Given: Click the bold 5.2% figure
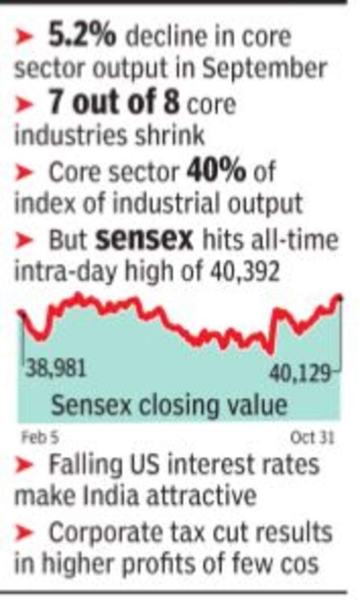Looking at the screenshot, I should tap(82, 38).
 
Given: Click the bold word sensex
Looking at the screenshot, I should tap(144, 240).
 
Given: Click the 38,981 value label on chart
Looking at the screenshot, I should tap(56, 370).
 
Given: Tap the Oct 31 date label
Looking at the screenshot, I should tap(312, 438).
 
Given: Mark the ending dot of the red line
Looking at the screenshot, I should tap(340, 297).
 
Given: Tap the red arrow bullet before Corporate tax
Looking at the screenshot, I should tap(25, 534).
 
